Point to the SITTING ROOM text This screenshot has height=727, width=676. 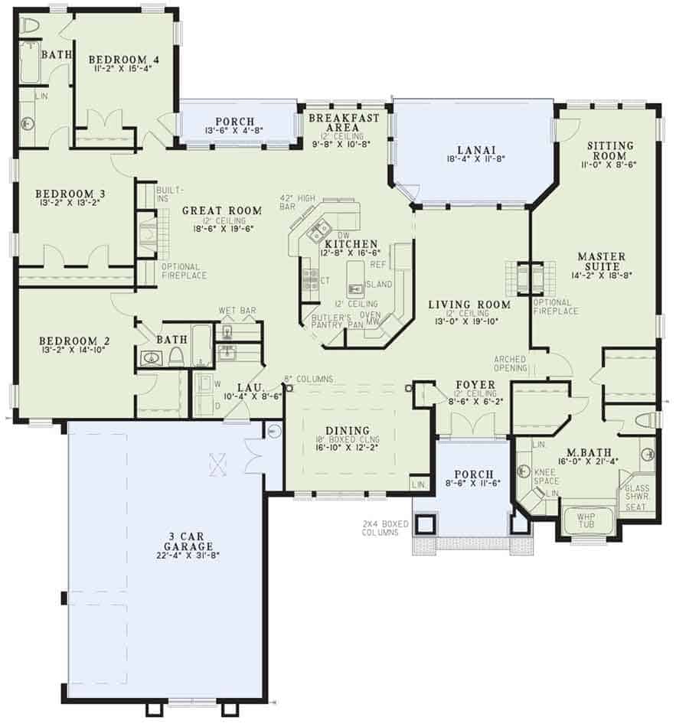(610, 150)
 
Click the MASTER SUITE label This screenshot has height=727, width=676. (601, 261)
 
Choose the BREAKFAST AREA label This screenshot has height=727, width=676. (345, 123)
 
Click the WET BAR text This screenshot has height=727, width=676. (237, 311)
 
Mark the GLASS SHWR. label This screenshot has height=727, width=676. (638, 492)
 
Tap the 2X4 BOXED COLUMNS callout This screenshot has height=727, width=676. (387, 527)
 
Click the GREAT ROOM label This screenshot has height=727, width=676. (222, 210)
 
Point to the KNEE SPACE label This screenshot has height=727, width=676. (546, 478)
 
